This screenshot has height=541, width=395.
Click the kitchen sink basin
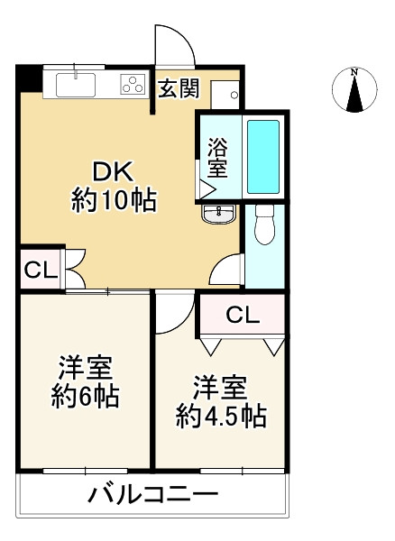76,86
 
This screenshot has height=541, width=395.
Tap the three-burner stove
133,85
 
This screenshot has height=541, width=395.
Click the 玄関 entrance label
179,88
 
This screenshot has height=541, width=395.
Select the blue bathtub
263,157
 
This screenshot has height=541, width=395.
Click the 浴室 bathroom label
217,158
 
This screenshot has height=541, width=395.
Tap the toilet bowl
264,225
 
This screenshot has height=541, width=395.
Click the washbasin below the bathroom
219,215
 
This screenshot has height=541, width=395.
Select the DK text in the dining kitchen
113,172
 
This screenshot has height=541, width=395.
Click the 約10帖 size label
114,200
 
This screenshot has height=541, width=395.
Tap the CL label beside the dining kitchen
41,270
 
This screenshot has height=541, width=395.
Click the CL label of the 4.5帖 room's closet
243,315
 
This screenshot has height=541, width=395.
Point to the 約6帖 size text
86,397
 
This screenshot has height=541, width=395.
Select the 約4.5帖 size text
221,417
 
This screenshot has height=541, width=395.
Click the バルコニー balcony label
152,495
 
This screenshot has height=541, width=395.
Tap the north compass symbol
354,89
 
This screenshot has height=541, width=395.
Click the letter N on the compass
354,72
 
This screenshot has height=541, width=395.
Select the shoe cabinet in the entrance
225,95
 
